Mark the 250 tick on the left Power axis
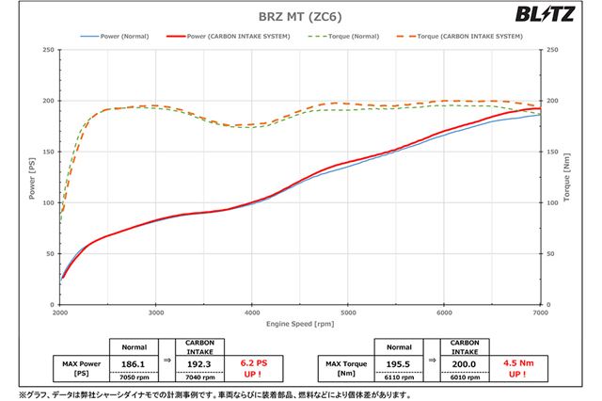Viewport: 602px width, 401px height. [46, 50]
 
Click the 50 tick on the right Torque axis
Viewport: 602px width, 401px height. [551, 253]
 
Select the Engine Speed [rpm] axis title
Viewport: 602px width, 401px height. [300, 323]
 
